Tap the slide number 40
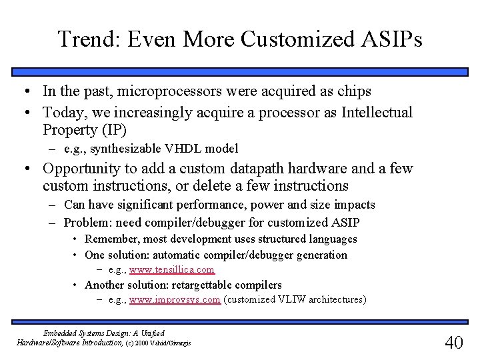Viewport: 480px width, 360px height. coord(453,342)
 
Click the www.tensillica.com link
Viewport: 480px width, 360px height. coord(172,269)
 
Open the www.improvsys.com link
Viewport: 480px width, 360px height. coord(175,300)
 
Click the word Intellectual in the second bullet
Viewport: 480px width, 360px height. coord(377,113)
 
